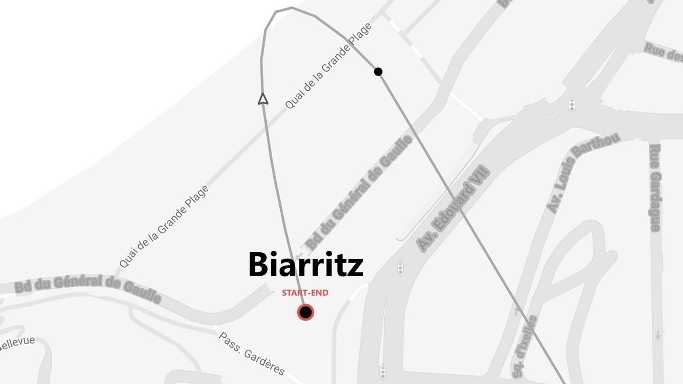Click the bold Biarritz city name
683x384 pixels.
click(x=306, y=265)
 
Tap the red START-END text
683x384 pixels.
click(x=305, y=293)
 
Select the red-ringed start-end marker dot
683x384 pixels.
click(x=305, y=312)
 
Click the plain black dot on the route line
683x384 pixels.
click(x=378, y=71)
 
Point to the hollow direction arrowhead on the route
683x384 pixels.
click(x=263, y=99)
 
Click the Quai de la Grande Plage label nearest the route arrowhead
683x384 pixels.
click(x=328, y=66)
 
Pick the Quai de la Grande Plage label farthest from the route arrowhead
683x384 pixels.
click(x=164, y=227)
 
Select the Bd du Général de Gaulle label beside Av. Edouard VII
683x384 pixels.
click(x=360, y=193)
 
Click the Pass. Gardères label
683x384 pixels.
click(x=251, y=354)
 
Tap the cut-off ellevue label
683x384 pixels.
click(x=17, y=342)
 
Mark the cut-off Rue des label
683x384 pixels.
click(x=663, y=53)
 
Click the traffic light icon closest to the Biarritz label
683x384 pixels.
click(x=400, y=268)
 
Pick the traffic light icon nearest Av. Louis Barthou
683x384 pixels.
click(x=572, y=104)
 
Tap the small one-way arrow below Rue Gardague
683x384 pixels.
click(x=658, y=334)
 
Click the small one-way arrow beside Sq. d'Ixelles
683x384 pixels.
click(x=515, y=310)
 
